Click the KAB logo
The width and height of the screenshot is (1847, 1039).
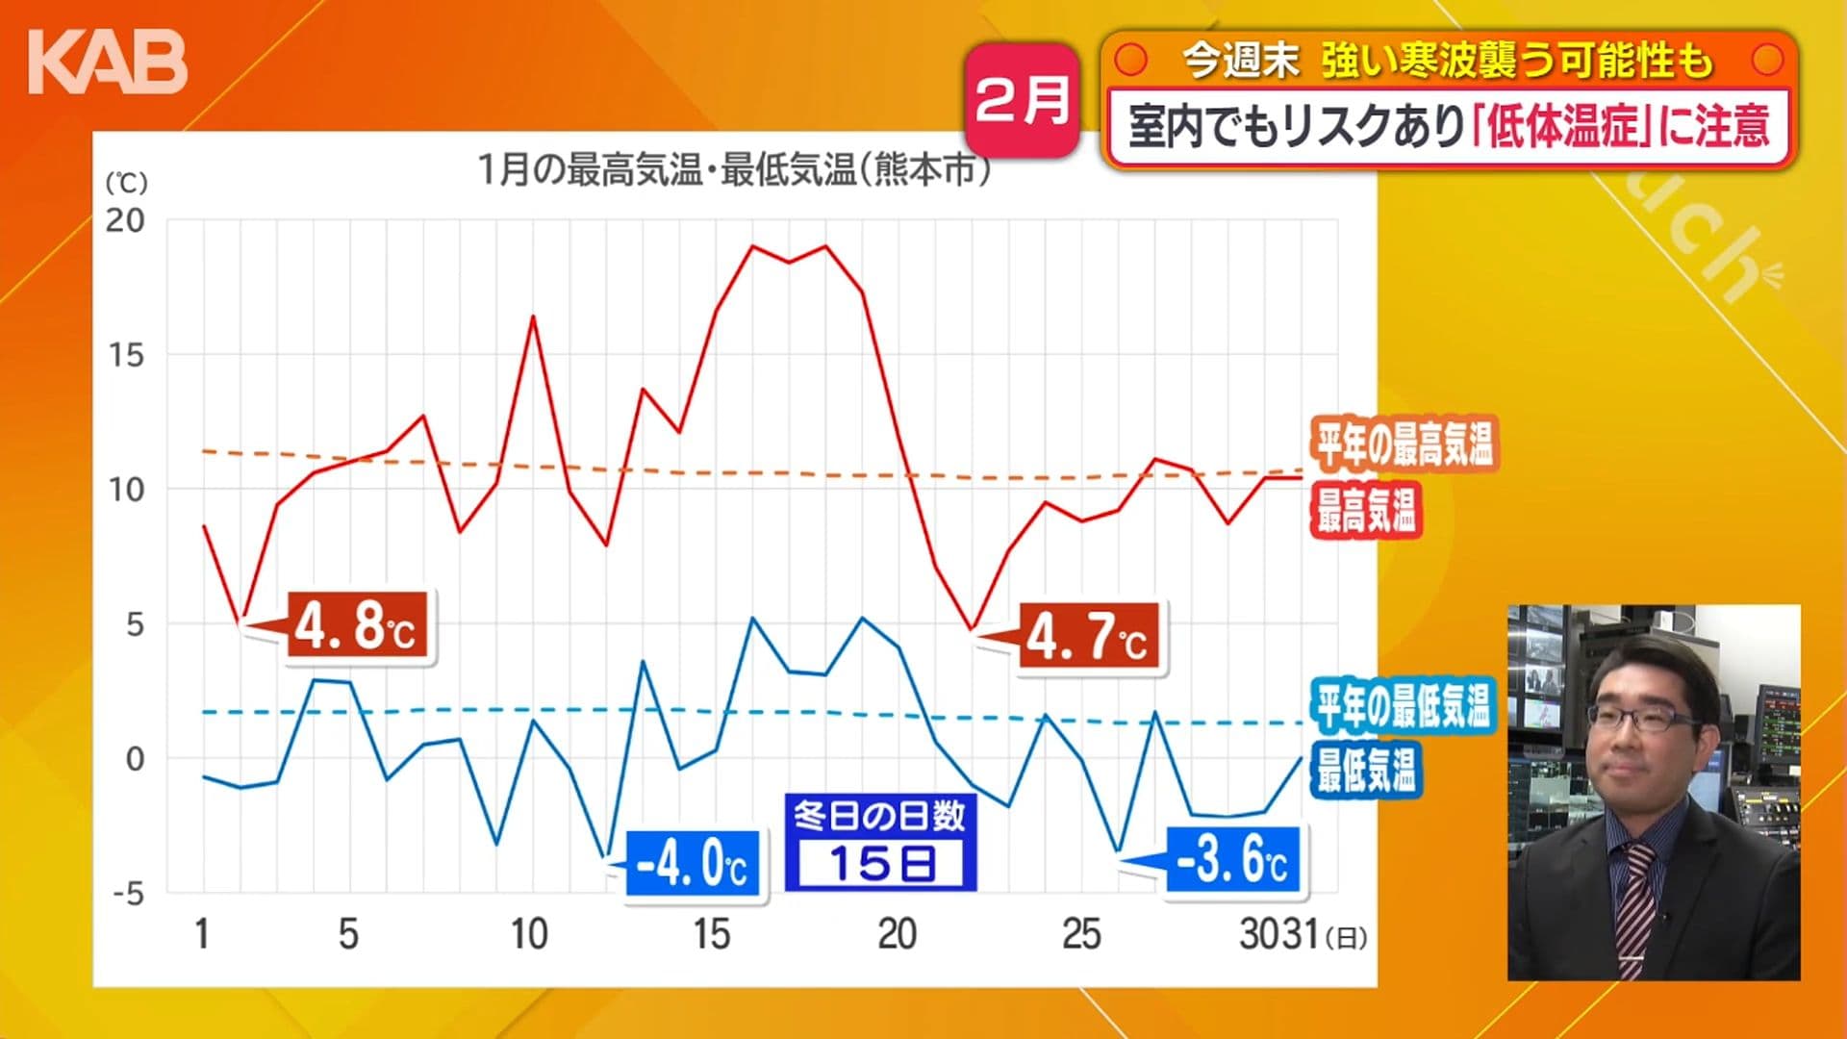[x=108, y=63]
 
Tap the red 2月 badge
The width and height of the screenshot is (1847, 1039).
[x=1022, y=100]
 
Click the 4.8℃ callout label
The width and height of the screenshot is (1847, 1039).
[x=357, y=626]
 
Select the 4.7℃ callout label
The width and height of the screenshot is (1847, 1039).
[x=1088, y=636]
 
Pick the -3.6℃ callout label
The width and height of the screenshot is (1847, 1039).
[x=1233, y=859]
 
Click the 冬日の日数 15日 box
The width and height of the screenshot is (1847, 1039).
[x=880, y=842]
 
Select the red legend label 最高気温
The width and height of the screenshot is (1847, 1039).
[x=1365, y=509]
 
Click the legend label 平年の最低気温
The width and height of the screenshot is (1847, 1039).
[x=1404, y=705]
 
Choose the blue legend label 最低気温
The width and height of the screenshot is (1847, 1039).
[x=1365, y=770]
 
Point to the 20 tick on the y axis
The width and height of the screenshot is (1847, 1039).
[x=125, y=220]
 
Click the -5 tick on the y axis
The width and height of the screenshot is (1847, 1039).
[x=127, y=894]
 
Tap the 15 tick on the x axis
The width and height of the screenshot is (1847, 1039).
[x=712, y=934]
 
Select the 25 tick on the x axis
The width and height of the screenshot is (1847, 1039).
[x=1081, y=934]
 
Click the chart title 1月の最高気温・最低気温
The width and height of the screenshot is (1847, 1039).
[x=733, y=171]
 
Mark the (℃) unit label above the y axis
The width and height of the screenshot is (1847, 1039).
[x=126, y=183]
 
